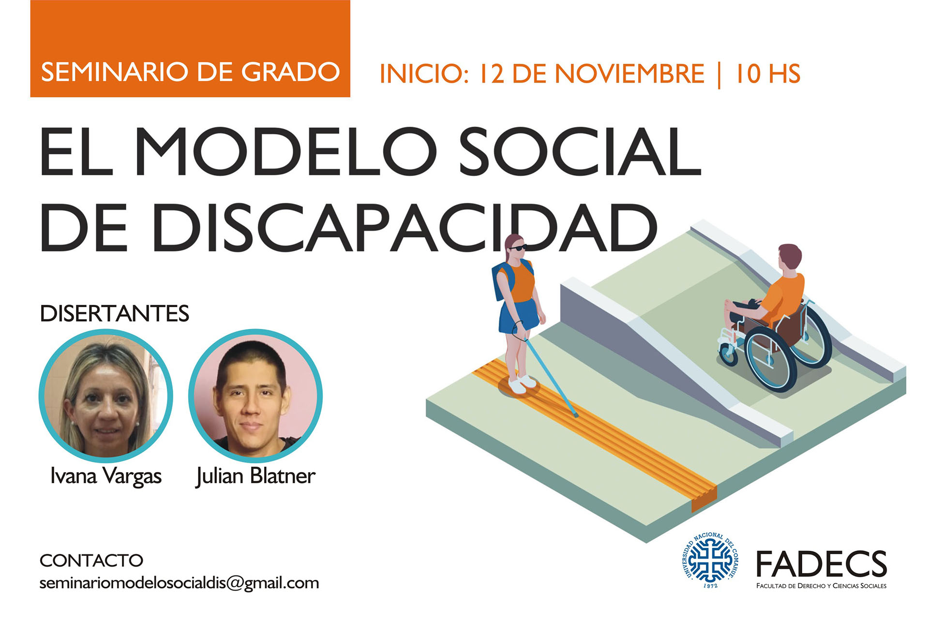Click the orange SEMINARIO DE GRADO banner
point(190,48)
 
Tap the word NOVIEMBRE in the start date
point(629,74)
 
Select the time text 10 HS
point(767,74)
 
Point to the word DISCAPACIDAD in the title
point(405,228)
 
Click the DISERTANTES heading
point(114,313)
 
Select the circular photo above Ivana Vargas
point(105,396)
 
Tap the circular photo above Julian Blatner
point(255,396)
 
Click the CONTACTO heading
point(91,560)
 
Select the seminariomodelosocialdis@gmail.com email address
point(179,583)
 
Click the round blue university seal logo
point(710,560)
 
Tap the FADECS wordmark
point(822,564)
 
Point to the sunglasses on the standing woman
point(518,248)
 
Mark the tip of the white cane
point(576,415)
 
